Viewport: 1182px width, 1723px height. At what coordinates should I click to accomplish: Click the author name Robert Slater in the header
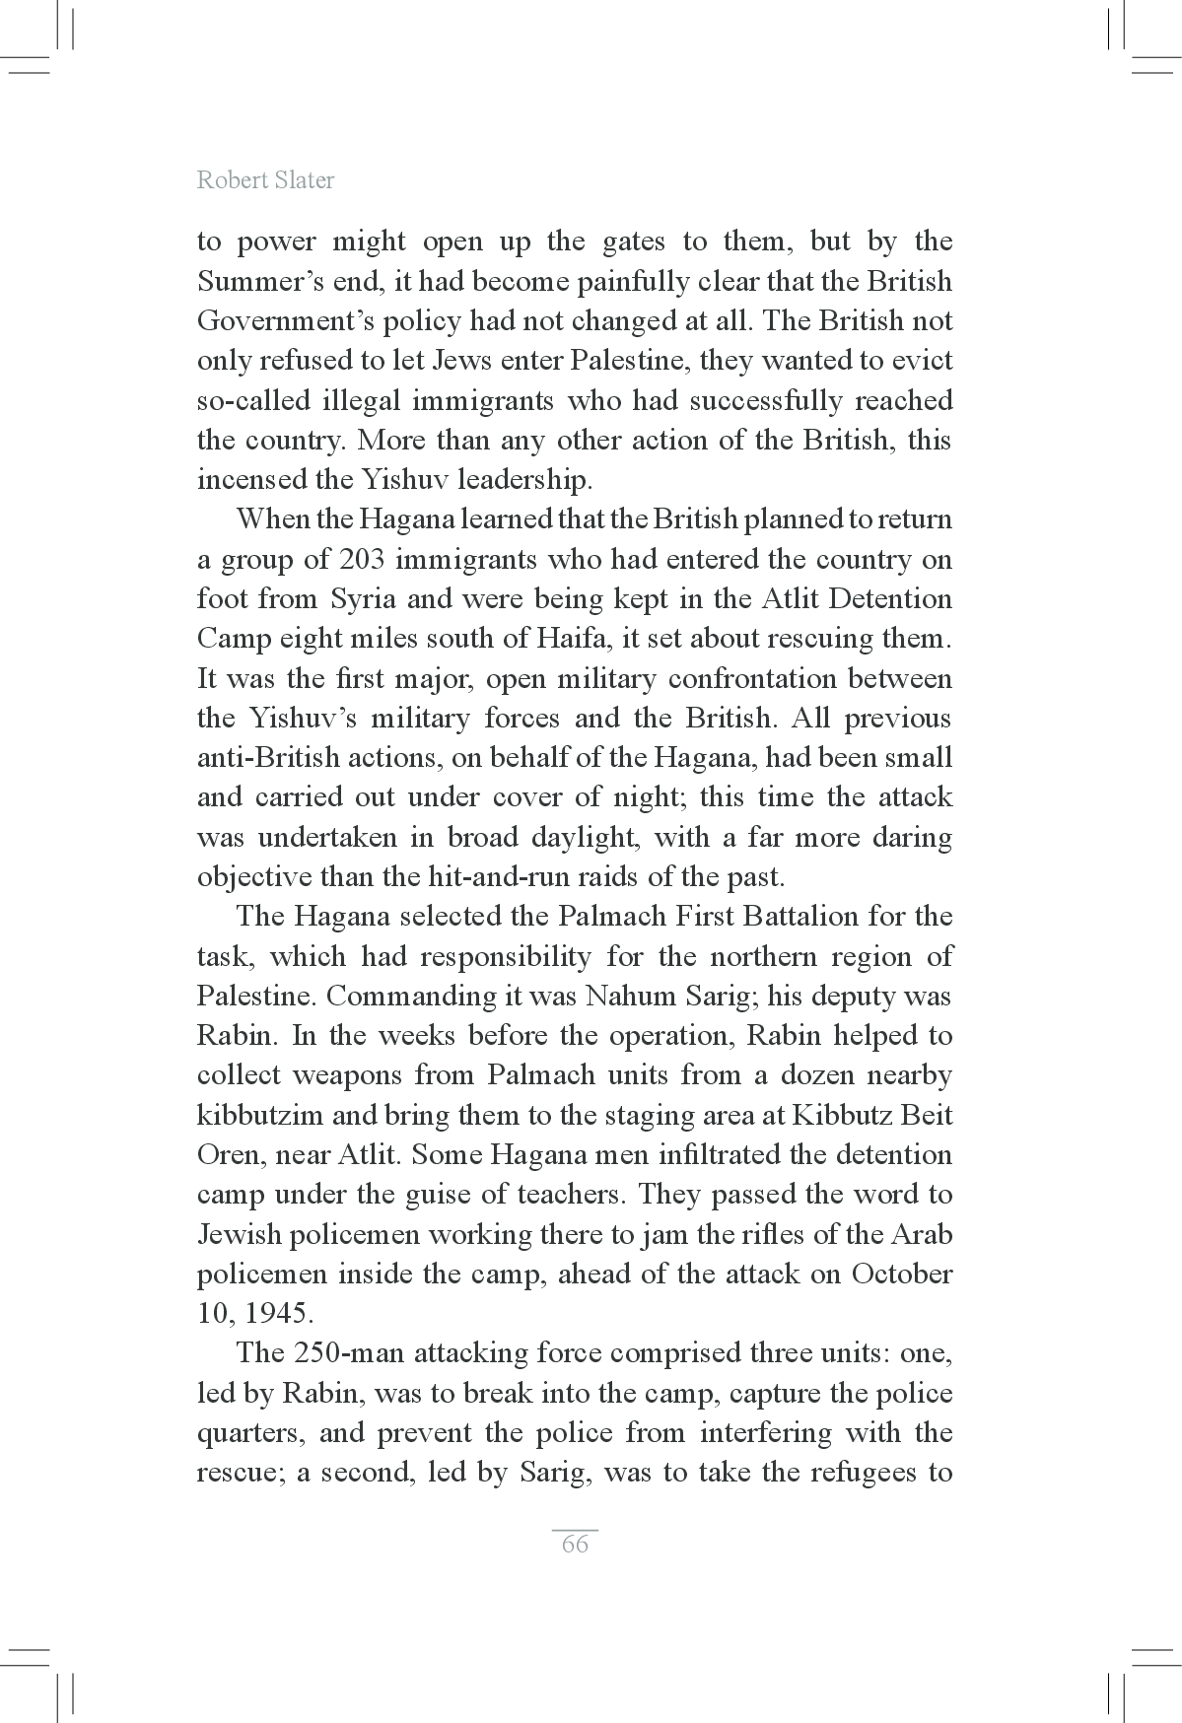[265, 179]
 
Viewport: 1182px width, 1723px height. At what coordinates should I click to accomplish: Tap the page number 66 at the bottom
[575, 1544]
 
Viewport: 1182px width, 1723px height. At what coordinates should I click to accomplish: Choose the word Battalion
[800, 917]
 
